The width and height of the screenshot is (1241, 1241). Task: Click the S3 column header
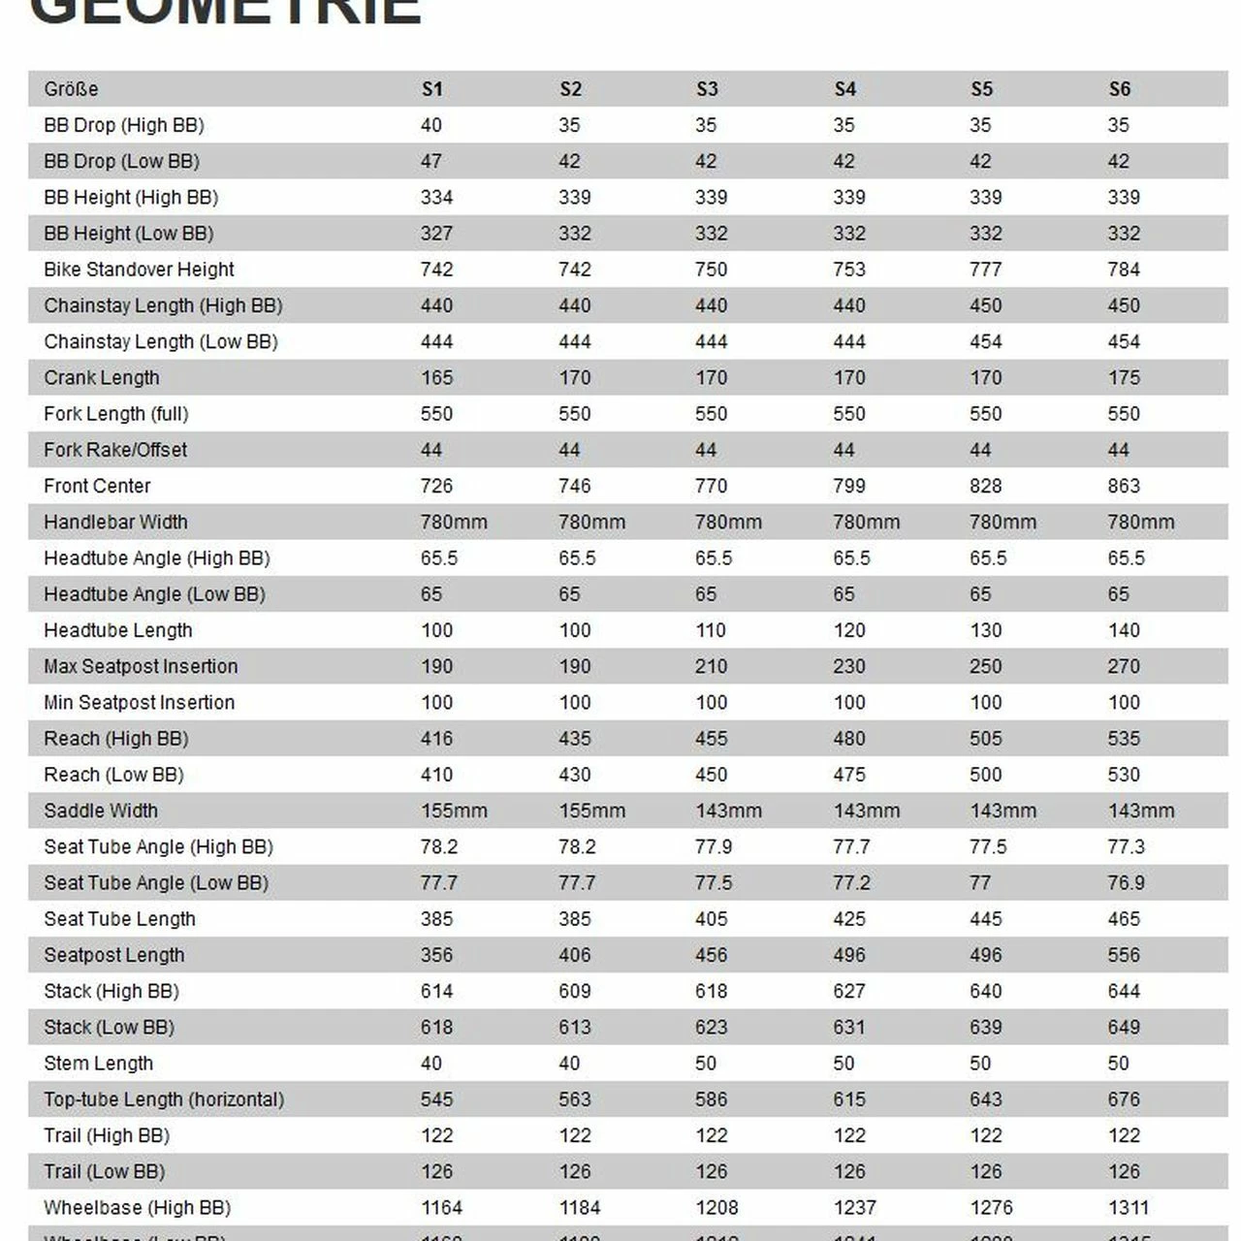pyautogui.click(x=707, y=89)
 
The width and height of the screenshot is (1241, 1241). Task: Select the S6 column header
pyautogui.click(x=1120, y=89)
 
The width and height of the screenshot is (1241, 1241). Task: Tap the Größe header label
pyautogui.click(x=71, y=89)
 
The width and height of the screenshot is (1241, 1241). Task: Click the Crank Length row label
pyautogui.click(x=102, y=378)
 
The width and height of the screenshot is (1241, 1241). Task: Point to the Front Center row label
pyautogui.click(x=97, y=486)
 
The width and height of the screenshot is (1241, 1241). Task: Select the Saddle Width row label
pyautogui.click(x=101, y=811)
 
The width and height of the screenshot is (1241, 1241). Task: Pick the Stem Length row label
pyautogui.click(x=98, y=1064)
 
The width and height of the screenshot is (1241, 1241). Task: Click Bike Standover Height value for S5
pyautogui.click(x=986, y=270)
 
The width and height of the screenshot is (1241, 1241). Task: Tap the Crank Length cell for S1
pyautogui.click(x=436, y=378)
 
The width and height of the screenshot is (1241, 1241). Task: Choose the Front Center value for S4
pyautogui.click(x=849, y=486)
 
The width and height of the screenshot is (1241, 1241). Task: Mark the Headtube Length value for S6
pyautogui.click(x=1124, y=630)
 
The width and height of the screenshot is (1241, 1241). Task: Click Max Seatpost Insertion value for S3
pyautogui.click(x=711, y=666)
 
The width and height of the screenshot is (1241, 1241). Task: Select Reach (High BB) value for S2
pyautogui.click(x=574, y=739)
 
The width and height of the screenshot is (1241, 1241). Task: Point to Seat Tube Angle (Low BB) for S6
pyautogui.click(x=1126, y=883)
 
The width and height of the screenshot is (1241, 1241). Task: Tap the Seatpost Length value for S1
pyautogui.click(x=436, y=955)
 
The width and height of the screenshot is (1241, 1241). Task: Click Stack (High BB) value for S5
pyautogui.click(x=986, y=991)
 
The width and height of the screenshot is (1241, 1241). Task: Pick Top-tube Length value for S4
pyautogui.click(x=849, y=1099)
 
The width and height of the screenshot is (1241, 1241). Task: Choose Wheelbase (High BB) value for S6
pyautogui.click(x=1128, y=1208)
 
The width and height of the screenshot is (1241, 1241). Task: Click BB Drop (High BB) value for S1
pyautogui.click(x=431, y=125)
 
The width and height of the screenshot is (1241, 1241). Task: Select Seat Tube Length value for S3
pyautogui.click(x=711, y=919)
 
